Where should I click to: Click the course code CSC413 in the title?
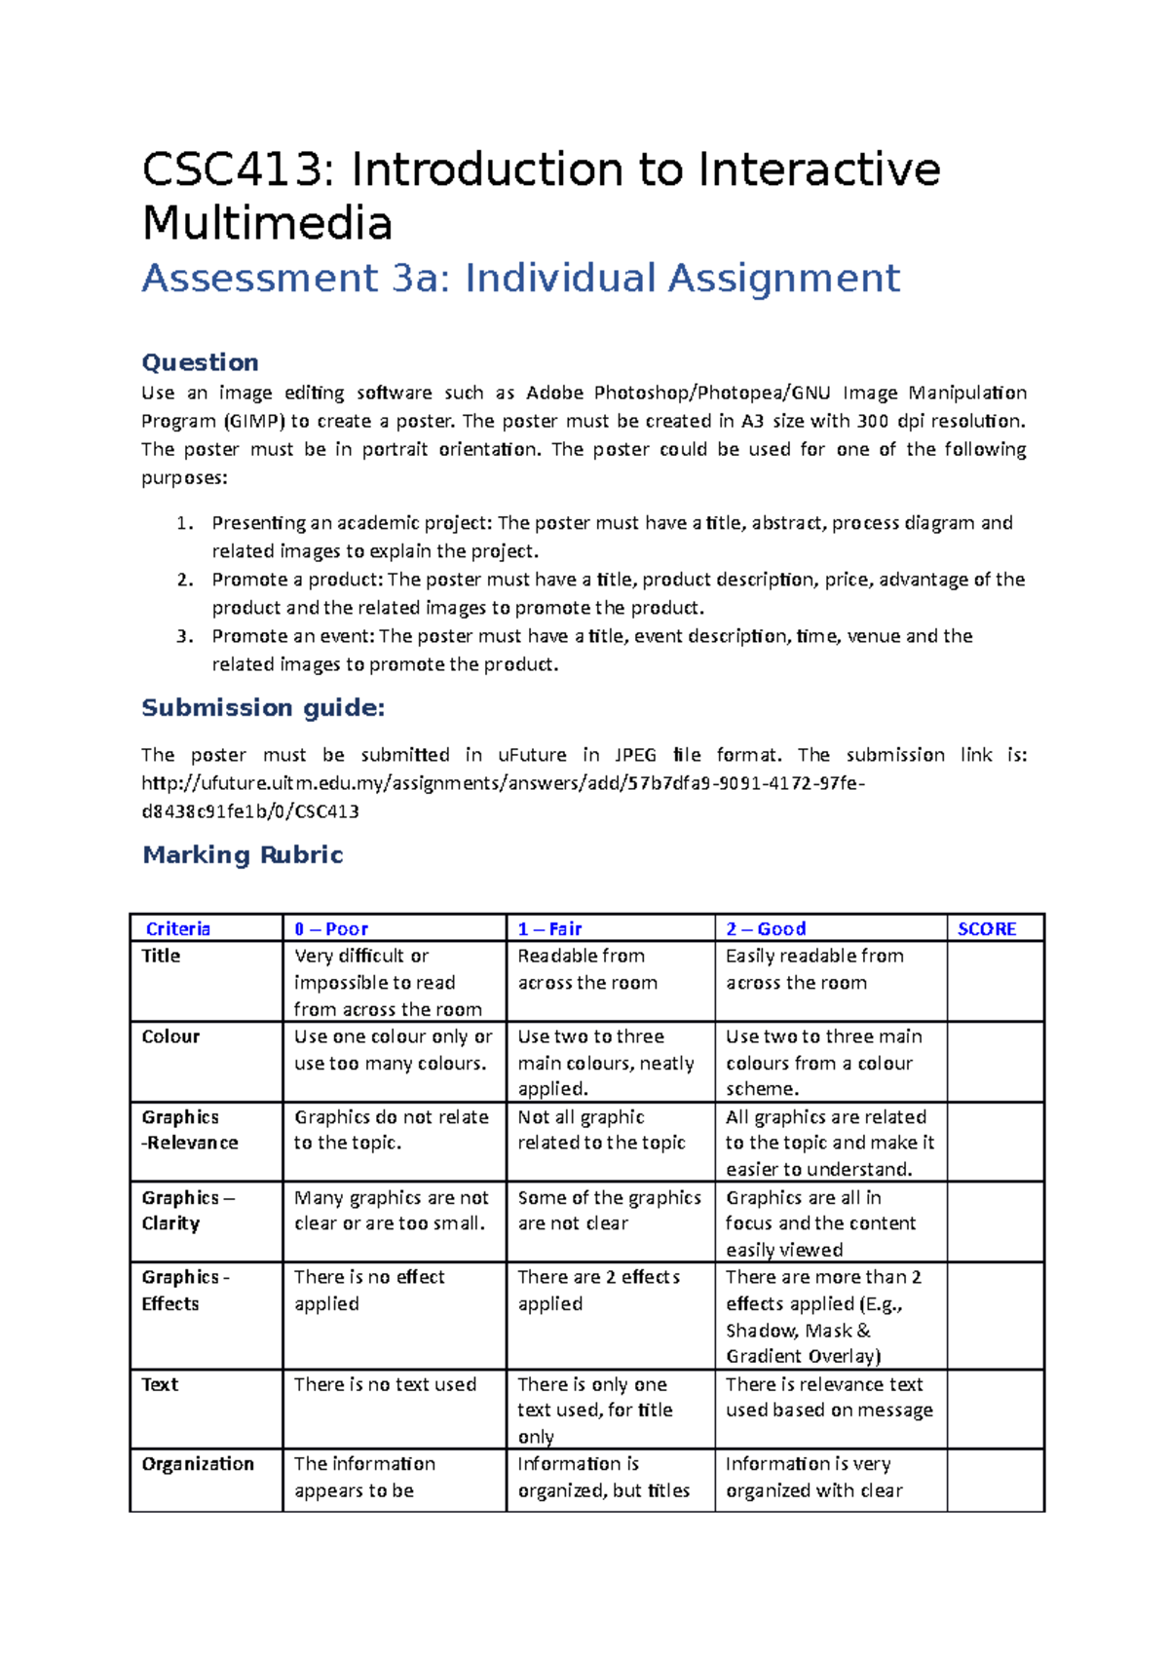point(231,170)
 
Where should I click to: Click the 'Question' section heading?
point(200,362)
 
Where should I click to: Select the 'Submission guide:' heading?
point(263,707)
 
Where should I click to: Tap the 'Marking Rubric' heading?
point(243,854)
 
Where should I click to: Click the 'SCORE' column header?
point(986,928)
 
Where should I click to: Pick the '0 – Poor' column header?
point(331,928)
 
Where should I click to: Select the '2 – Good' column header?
point(766,928)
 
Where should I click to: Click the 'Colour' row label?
point(170,1036)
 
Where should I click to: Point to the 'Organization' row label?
point(198,1463)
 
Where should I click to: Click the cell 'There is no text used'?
point(385,1384)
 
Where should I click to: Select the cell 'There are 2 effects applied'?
point(598,1290)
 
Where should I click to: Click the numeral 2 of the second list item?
point(183,580)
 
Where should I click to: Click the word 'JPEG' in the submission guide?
point(636,755)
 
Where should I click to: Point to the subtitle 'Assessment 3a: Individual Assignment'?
point(520,279)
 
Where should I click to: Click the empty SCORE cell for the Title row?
point(995,981)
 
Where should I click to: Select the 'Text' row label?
point(160,1384)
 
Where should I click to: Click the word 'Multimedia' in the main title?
point(267,224)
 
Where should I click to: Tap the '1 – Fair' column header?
point(549,928)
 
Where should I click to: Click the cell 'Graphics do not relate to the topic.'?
point(391,1130)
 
